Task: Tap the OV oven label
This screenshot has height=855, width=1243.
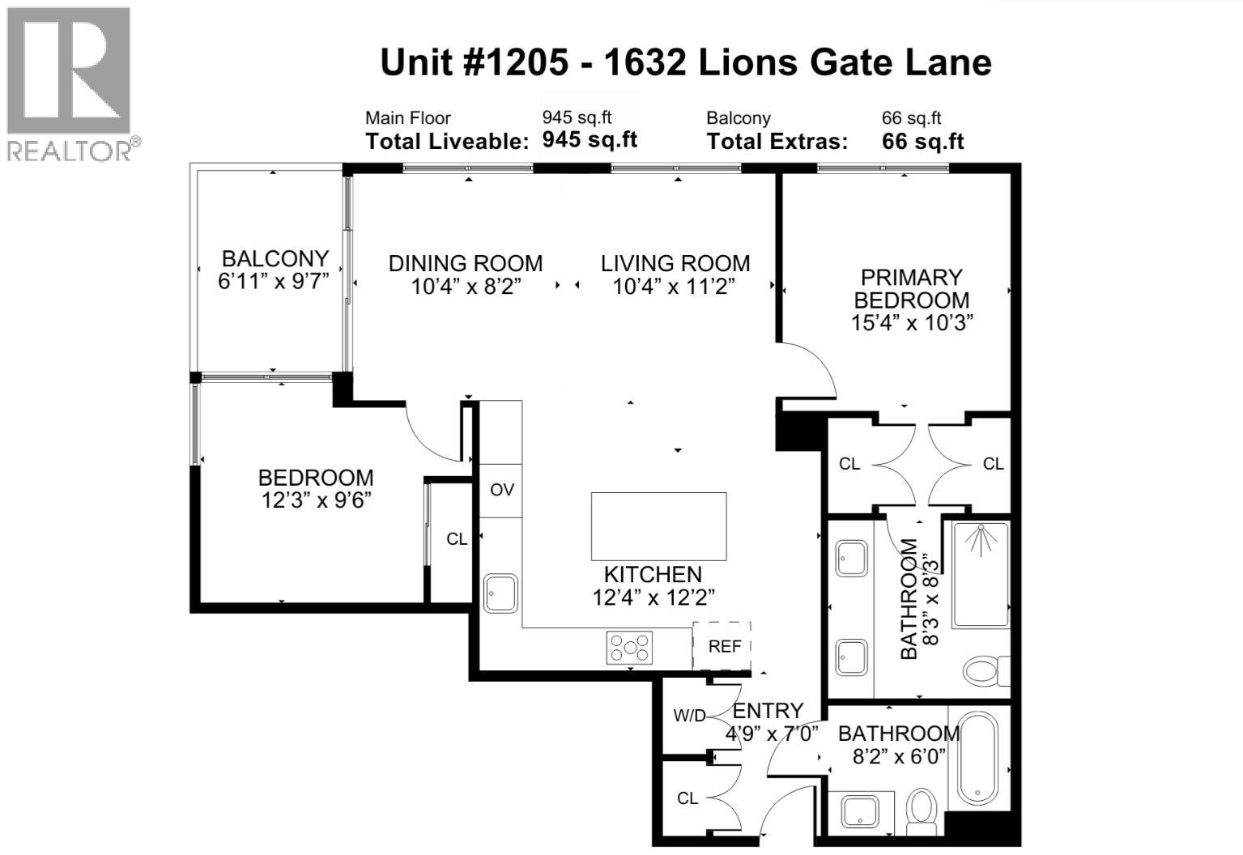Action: pos(502,490)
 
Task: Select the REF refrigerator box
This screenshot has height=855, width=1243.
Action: pos(723,646)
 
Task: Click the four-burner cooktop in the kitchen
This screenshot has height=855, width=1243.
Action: pos(630,648)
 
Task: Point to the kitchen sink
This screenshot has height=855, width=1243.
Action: pos(501,593)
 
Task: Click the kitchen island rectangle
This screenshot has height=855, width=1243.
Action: pos(658,526)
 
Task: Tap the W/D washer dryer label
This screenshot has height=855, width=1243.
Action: pos(690,716)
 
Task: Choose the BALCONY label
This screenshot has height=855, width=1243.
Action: pos(275,259)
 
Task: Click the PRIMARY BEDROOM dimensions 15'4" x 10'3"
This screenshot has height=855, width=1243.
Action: pos(912,322)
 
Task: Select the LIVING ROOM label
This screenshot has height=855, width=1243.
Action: pos(675,263)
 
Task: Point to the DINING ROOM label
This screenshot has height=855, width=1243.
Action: pos(466,263)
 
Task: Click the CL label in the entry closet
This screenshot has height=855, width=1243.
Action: pos(687,798)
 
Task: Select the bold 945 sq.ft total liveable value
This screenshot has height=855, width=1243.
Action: pos(590,139)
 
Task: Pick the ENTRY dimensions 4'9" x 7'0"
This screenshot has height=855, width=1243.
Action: pos(772,734)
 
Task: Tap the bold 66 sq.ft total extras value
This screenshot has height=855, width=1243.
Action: pos(922,142)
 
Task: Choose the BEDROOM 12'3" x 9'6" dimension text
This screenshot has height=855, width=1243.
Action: pos(316,500)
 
